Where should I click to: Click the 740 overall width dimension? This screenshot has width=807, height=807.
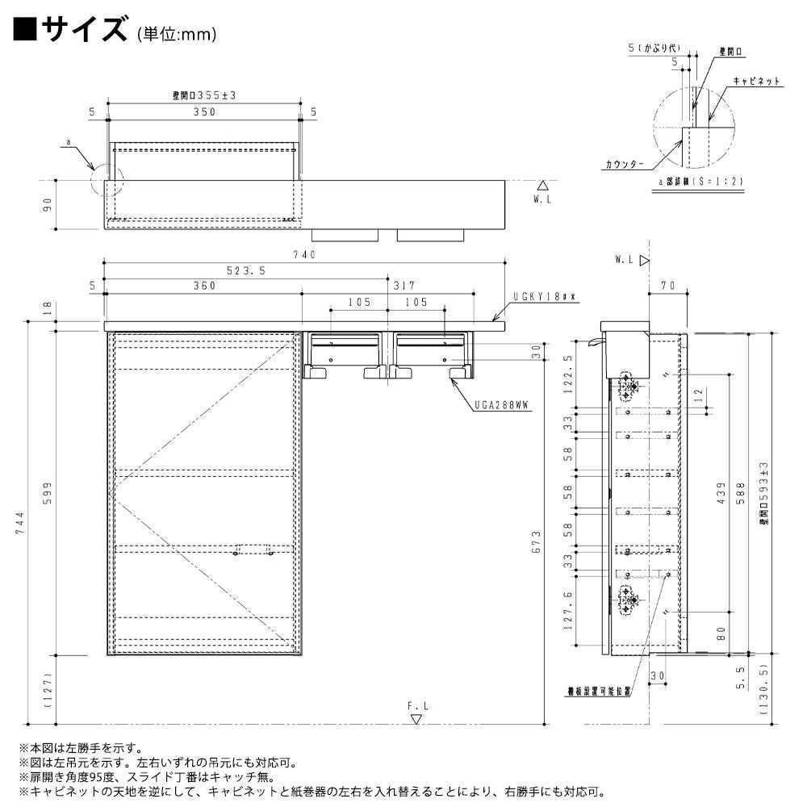(304, 255)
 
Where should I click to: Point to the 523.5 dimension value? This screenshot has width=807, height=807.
(247, 271)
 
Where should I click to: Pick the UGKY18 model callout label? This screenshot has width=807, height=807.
(544, 296)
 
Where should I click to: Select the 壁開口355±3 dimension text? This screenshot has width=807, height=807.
(203, 95)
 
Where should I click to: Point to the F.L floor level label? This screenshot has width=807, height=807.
(416, 705)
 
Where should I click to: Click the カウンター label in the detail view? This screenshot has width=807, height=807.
(625, 164)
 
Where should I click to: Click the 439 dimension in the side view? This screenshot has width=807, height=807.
(721, 500)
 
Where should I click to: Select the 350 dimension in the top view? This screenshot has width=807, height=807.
(203, 112)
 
